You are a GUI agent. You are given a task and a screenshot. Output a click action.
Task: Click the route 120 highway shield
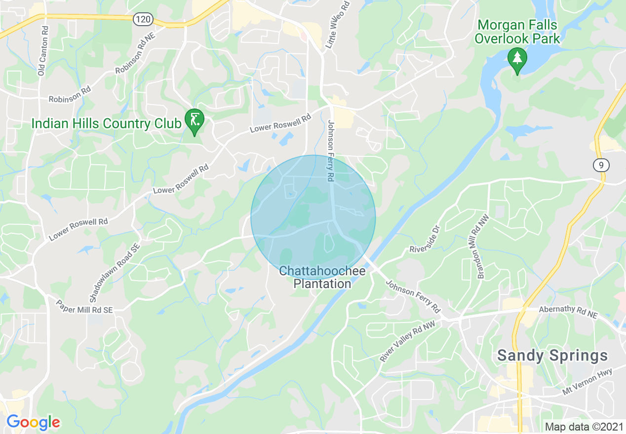click(143, 20)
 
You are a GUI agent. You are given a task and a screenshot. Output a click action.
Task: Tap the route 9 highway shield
click(601, 165)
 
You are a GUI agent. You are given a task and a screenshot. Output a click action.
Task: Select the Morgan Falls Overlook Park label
click(517, 32)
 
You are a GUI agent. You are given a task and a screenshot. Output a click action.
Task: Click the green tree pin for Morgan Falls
click(517, 60)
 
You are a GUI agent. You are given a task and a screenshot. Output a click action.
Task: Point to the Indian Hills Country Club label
click(106, 123)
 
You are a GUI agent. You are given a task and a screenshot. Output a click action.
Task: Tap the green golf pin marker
click(195, 120)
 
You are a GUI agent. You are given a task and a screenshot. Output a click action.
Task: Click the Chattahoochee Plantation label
click(322, 278)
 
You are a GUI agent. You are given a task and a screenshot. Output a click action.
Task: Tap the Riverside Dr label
click(424, 240)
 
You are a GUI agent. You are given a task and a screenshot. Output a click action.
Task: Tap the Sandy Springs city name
click(552, 355)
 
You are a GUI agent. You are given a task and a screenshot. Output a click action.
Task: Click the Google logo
click(33, 422)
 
